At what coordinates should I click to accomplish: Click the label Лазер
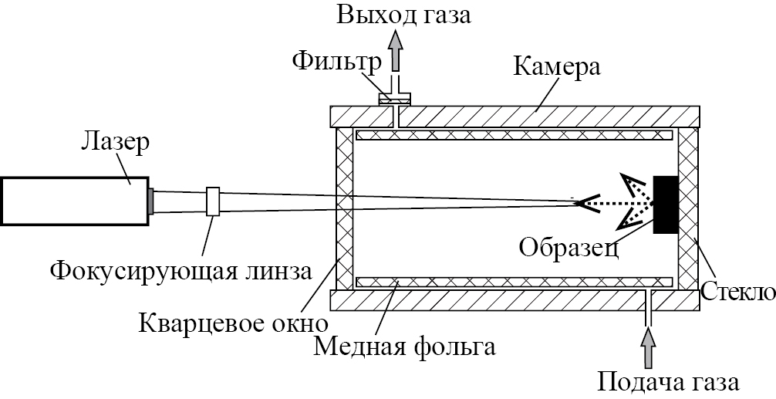coord(115,142)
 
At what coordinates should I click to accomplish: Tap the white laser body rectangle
coord(74,201)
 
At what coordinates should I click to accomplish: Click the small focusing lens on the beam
coord(214,201)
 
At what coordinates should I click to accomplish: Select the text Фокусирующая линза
coord(181,271)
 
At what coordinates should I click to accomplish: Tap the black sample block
coord(666,205)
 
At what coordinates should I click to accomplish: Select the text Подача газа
coord(670,381)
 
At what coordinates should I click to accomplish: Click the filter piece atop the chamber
coord(394,98)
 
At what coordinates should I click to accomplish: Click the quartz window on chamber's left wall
coord(345,208)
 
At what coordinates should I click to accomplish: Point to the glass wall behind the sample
coord(687,208)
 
